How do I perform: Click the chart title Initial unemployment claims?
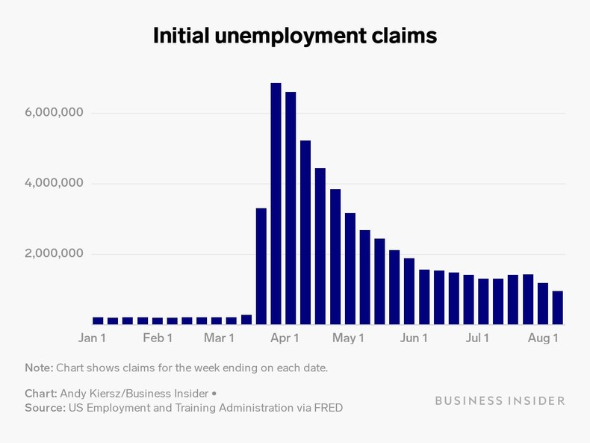click(294, 36)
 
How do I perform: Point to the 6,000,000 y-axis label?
click(53, 113)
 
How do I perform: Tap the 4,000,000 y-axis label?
click(53, 184)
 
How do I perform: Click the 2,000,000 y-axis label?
click(53, 254)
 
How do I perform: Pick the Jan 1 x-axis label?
click(92, 338)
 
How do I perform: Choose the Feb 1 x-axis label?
click(158, 338)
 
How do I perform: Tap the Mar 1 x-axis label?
click(219, 338)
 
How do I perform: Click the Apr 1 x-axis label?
click(285, 338)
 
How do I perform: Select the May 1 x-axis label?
click(348, 338)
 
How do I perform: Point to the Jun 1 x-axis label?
click(414, 338)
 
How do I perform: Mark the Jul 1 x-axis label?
click(477, 338)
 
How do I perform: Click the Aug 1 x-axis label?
click(543, 338)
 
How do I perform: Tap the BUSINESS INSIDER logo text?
click(500, 400)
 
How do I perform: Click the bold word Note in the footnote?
click(38, 368)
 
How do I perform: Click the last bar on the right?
click(557, 308)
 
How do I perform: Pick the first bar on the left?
click(98, 320)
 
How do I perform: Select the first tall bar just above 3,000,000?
click(261, 266)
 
